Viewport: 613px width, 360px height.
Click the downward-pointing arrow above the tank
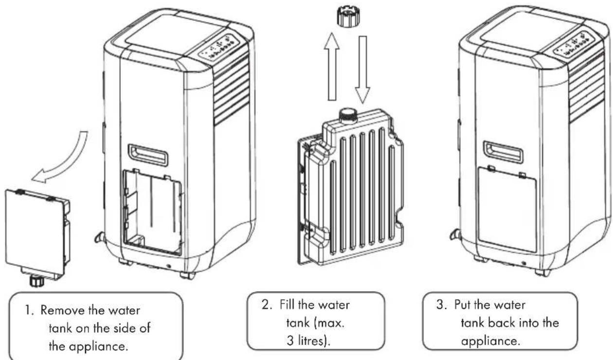tap(362, 70)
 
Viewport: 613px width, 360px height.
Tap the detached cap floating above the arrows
tap(348, 17)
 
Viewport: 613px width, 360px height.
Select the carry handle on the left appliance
tap(148, 155)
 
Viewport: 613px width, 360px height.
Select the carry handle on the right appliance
tap(503, 152)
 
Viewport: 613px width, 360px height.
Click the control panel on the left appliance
tap(219, 46)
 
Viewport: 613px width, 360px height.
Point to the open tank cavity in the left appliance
tap(152, 212)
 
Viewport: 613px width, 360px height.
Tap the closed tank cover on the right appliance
tap(507, 209)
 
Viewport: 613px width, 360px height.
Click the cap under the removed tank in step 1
tap(35, 281)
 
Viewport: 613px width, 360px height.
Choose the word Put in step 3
tap(463, 305)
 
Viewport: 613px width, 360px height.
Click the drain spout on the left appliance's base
tap(100, 237)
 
